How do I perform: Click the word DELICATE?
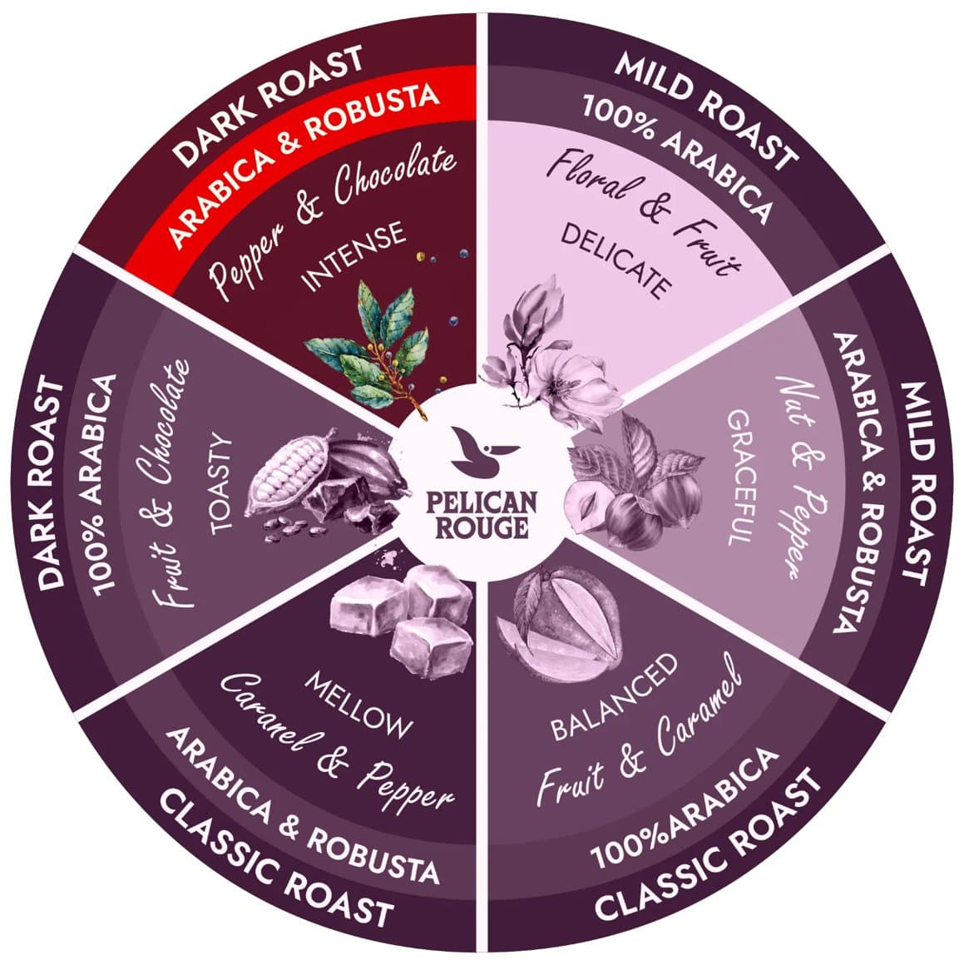click(615, 260)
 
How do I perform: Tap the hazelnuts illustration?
click(624, 491)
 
